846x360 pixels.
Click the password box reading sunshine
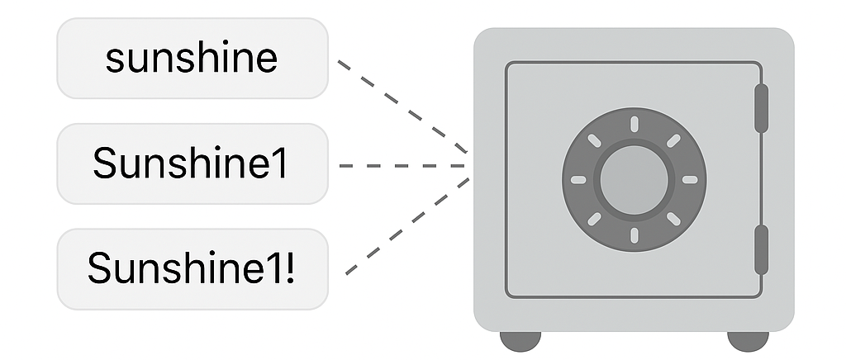[x=192, y=58]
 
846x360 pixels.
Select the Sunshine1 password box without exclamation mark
[x=192, y=163]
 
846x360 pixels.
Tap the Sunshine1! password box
[x=192, y=269]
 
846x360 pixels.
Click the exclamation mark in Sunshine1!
[x=290, y=268]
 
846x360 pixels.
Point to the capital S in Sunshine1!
[x=99, y=268]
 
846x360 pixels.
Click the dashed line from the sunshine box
[x=402, y=107]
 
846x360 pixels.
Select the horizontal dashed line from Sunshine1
[x=402, y=166]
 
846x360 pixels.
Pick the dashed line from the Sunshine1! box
[x=407, y=226]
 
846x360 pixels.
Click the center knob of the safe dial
[x=634, y=180]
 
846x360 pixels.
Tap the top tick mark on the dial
[x=634, y=124]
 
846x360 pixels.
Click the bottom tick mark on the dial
[x=634, y=235]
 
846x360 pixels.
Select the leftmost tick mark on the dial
[x=578, y=180]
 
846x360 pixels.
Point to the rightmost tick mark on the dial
[x=690, y=180]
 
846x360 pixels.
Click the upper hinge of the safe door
[x=761, y=108]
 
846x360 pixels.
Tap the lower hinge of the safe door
[x=761, y=250]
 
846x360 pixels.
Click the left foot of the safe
[x=520, y=341]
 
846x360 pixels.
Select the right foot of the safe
[x=748, y=341]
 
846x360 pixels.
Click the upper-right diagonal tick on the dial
[x=673, y=140]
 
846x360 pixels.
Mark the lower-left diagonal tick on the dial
[x=594, y=220]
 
